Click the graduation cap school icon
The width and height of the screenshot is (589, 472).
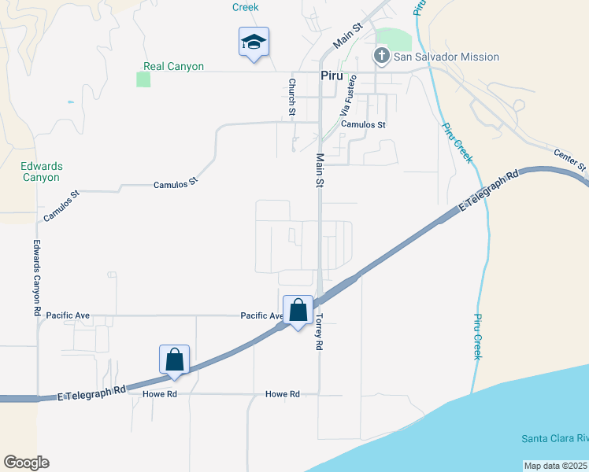(x=254, y=41)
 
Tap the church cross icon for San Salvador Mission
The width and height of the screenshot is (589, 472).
(x=381, y=57)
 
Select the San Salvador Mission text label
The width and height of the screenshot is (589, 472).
(x=446, y=57)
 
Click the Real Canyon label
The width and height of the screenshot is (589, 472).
(x=173, y=67)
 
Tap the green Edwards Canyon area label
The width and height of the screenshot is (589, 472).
(x=41, y=171)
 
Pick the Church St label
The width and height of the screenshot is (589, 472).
(x=291, y=97)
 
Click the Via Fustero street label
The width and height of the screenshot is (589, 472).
(x=348, y=95)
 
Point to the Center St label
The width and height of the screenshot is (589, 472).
(x=570, y=160)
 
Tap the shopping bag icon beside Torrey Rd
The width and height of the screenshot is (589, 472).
(x=298, y=311)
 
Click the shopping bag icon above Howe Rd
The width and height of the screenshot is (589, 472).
(x=175, y=360)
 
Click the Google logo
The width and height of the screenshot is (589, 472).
(x=26, y=463)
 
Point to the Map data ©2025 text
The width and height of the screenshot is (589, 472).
(x=555, y=466)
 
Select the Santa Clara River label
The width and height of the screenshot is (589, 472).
(x=555, y=438)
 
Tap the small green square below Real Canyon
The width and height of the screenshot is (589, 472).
(x=143, y=79)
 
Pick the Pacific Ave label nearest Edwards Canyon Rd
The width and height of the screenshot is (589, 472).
(x=68, y=315)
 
